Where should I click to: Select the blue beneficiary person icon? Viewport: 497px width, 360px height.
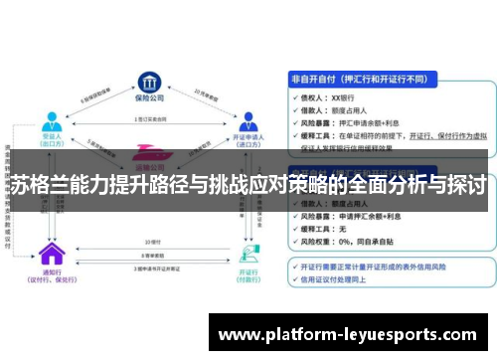tap(51, 122)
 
